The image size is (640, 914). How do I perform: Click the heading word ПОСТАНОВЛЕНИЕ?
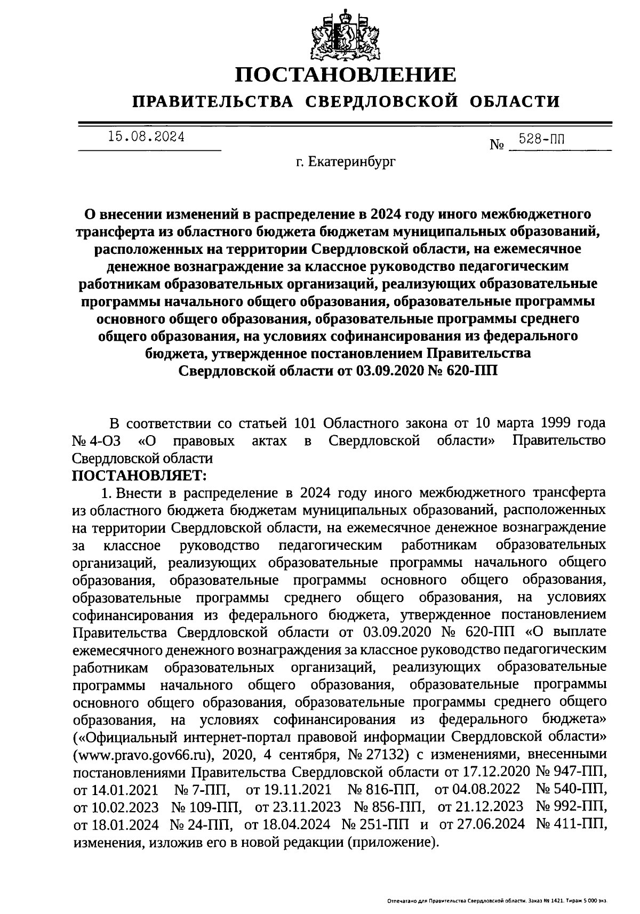tap(346, 74)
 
